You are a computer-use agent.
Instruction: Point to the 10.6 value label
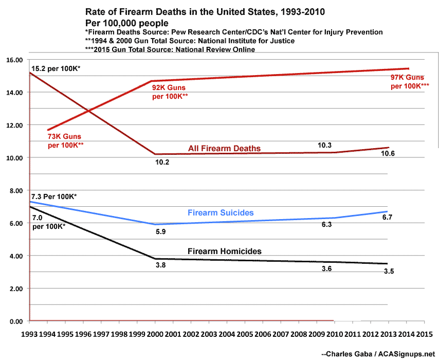coord(389,153)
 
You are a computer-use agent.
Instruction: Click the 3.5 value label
coord(389,271)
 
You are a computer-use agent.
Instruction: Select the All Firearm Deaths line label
coord(224,149)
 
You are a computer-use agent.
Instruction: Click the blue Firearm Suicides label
coord(221,212)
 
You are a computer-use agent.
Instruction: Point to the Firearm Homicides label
coord(225,251)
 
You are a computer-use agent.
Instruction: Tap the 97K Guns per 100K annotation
coord(409,81)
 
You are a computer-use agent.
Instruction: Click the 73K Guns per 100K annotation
coord(65,141)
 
